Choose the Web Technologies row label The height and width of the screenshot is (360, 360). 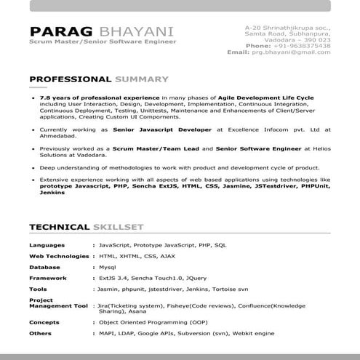click(58, 257)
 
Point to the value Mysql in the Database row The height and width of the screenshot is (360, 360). click(108, 268)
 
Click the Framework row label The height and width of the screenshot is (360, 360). click(48, 278)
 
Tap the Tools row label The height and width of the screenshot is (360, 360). click(39, 289)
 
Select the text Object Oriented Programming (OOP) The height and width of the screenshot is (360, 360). click(152, 322)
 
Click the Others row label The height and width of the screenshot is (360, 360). click(41, 333)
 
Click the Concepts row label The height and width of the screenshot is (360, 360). click(44, 322)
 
